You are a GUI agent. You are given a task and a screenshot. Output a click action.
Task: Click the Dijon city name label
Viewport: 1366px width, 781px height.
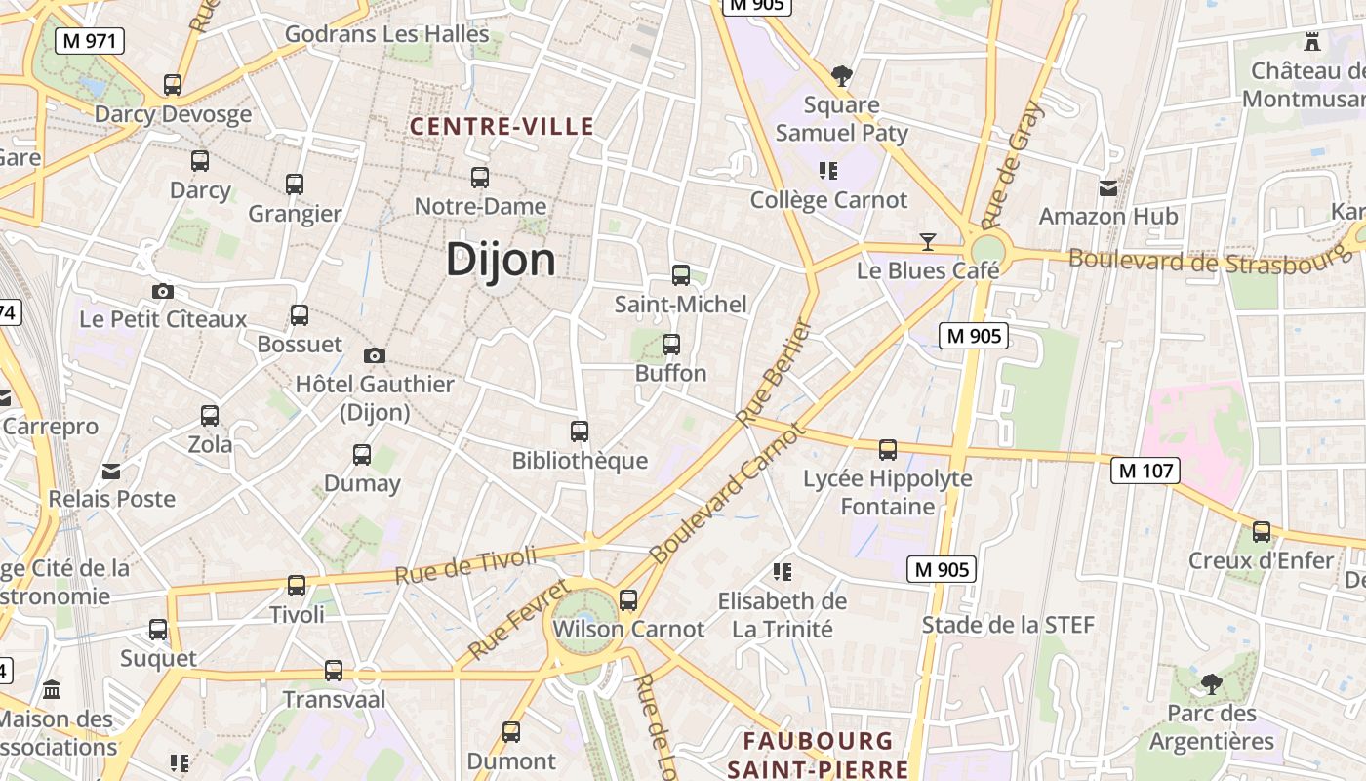(501, 261)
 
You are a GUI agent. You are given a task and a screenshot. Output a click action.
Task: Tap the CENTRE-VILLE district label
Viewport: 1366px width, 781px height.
(502, 126)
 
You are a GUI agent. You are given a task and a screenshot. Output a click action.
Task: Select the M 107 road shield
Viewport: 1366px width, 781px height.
(1145, 472)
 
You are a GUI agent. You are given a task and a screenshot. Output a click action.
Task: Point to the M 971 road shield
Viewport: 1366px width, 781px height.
(89, 41)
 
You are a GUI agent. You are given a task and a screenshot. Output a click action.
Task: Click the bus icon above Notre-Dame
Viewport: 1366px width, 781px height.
(479, 178)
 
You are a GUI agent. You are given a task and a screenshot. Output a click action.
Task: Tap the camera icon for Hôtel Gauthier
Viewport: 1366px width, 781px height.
(374, 356)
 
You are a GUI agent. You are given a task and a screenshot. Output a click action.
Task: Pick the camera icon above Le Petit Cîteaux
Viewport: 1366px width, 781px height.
(163, 291)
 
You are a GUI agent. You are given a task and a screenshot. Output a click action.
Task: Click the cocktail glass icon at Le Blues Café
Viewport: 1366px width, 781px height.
(927, 241)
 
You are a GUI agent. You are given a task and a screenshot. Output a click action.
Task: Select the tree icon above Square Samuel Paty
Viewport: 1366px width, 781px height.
(841, 75)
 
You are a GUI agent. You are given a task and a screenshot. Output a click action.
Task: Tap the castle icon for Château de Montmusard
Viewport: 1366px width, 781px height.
(1312, 42)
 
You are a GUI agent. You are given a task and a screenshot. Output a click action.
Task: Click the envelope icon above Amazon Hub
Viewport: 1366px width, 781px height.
(1108, 187)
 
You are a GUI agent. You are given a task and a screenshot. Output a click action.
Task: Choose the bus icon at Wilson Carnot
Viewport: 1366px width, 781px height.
(628, 600)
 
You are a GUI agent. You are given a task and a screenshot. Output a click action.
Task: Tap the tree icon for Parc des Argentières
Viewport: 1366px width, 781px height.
(1211, 684)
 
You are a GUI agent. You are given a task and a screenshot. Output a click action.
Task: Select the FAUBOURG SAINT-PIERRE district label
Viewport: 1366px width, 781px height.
(818, 755)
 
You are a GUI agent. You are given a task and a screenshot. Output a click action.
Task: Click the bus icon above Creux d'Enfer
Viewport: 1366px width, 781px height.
(1262, 532)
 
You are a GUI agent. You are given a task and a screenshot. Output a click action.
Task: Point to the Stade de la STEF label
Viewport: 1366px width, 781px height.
(1008, 625)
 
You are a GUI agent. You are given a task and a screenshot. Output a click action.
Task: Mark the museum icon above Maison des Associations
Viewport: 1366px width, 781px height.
(52, 689)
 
